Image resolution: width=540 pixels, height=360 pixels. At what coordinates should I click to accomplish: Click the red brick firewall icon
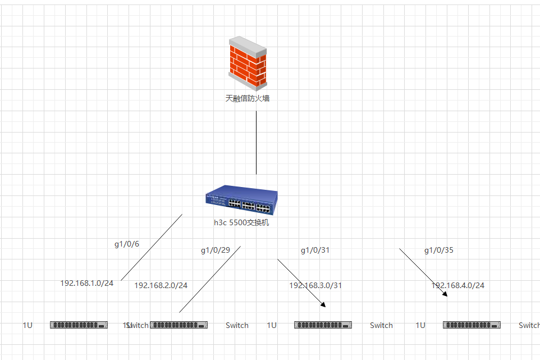[247, 63]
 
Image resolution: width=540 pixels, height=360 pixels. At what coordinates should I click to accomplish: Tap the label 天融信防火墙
[247, 98]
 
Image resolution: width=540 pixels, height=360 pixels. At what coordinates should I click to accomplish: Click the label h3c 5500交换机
[241, 222]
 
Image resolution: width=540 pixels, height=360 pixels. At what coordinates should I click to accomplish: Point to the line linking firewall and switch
[257, 143]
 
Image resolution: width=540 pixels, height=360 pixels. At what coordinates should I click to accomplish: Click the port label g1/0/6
[127, 244]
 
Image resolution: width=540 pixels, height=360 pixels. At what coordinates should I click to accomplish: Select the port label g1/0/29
[216, 250]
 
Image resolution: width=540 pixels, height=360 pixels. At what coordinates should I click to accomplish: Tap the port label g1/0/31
[315, 250]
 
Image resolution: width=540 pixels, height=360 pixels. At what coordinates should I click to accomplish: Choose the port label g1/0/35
[438, 250]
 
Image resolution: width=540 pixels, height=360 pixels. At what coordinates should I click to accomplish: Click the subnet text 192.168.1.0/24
[87, 283]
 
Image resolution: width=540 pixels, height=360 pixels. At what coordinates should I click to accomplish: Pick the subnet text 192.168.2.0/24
[161, 285]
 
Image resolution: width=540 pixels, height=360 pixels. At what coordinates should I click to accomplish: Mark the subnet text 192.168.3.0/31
[315, 285]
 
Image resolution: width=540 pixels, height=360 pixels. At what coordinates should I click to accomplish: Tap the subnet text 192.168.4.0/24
[457, 285]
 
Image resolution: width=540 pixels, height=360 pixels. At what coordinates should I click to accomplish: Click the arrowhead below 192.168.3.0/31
[323, 304]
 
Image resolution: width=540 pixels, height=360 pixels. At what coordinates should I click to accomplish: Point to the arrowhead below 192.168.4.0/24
[445, 293]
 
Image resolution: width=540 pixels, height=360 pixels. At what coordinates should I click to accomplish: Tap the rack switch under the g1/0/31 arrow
[323, 325]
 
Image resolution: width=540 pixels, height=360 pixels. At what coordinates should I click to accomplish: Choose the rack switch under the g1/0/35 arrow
[472, 325]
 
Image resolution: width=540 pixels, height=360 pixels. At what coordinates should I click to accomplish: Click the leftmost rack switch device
[79, 325]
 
